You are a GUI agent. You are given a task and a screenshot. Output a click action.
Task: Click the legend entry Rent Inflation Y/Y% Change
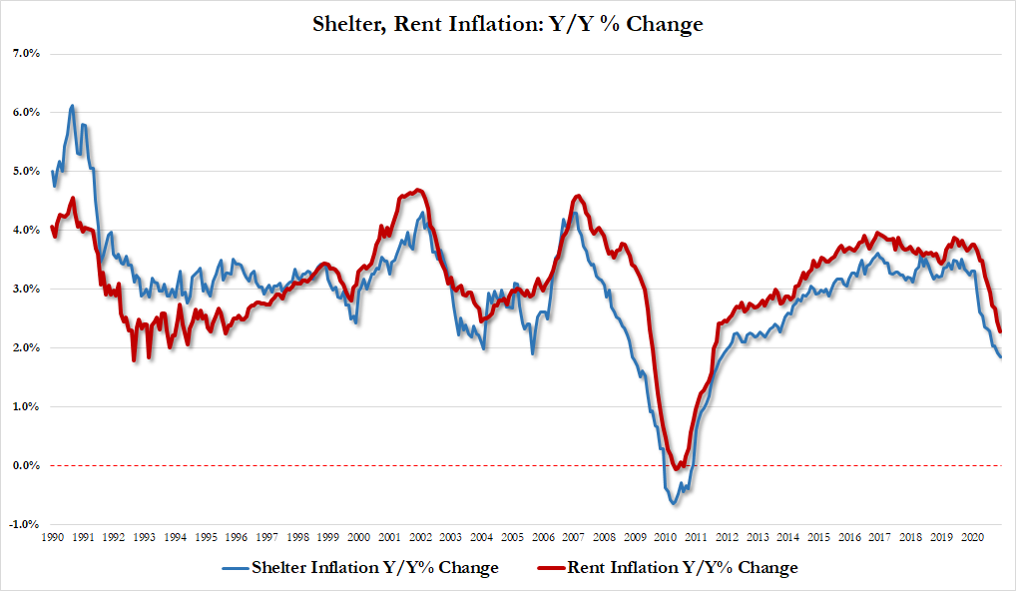[682, 568]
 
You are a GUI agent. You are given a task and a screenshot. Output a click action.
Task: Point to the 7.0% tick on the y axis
[24, 53]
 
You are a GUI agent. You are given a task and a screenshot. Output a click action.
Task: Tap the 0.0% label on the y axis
[24, 465]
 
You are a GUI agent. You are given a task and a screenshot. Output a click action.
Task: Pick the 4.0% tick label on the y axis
[24, 230]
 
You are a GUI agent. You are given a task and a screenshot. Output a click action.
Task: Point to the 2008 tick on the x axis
[605, 537]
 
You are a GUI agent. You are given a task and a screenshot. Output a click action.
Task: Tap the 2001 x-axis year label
[390, 537]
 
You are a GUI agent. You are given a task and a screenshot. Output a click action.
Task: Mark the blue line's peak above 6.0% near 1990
[72, 105]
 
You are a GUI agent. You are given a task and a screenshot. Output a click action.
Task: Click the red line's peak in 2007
[579, 196]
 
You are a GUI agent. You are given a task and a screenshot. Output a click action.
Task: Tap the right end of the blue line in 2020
[1001, 356]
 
